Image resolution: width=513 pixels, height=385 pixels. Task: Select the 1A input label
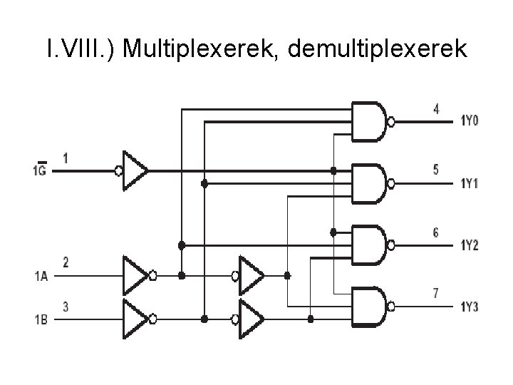click(40, 275)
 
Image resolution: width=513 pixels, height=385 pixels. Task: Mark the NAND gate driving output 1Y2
click(369, 244)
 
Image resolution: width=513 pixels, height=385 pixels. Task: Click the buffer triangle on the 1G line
click(135, 171)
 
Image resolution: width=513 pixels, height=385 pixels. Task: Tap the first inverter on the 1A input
click(135, 274)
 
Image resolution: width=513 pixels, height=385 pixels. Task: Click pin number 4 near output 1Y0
click(435, 109)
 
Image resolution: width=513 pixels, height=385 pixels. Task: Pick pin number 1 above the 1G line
click(66, 159)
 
